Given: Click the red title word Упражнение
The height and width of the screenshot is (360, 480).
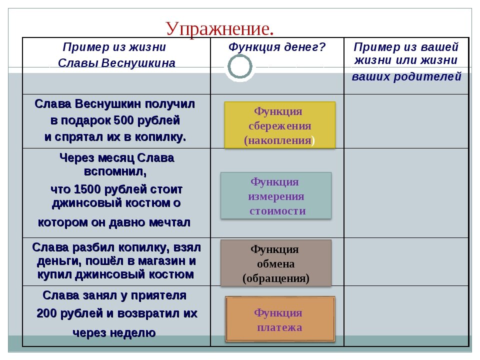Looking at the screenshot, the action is pyautogui.click(x=219, y=29).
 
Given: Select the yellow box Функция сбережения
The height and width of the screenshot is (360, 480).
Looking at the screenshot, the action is pyautogui.click(x=280, y=125).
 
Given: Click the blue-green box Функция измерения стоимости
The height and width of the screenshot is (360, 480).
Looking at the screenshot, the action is pyautogui.click(x=276, y=195).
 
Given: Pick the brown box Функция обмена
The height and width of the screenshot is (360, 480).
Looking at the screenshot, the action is pyautogui.click(x=276, y=263).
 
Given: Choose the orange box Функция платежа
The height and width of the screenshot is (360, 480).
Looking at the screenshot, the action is pyautogui.click(x=280, y=319).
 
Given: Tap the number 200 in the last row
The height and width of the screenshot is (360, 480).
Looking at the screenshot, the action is pyautogui.click(x=46, y=313).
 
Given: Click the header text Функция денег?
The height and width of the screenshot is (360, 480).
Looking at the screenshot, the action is pyautogui.click(x=277, y=47).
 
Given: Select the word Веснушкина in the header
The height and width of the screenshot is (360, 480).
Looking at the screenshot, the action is pyautogui.click(x=138, y=63).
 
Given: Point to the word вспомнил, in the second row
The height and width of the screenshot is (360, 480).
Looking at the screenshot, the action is pyautogui.click(x=115, y=171).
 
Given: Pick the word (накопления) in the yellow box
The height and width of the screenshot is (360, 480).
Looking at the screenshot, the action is pyautogui.click(x=279, y=140).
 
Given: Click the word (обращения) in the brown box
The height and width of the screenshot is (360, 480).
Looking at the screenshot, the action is pyautogui.click(x=276, y=278).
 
